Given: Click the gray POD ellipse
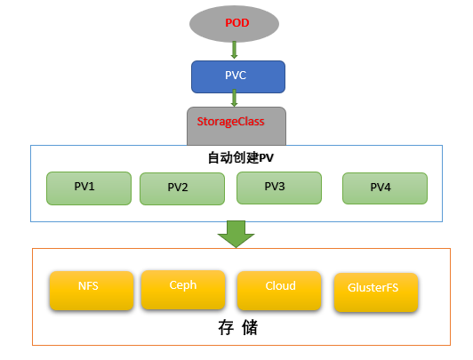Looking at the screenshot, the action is click(234, 24).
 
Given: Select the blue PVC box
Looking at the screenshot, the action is click(238, 76).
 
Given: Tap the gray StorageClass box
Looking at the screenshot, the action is click(236, 126).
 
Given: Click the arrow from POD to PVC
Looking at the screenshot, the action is click(234, 50).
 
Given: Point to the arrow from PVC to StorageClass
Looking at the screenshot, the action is click(234, 98).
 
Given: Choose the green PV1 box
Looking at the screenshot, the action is click(89, 188).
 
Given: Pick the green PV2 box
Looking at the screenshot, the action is click(182, 189).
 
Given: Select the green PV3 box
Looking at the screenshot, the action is click(279, 188).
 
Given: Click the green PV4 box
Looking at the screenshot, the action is click(385, 188).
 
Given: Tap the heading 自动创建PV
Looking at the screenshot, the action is click(241, 157).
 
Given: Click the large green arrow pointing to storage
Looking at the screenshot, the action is click(236, 235).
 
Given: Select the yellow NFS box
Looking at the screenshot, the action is click(92, 291).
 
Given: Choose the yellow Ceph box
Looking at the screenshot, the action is click(183, 290).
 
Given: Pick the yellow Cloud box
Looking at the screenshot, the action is click(279, 291).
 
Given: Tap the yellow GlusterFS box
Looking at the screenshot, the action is click(376, 292).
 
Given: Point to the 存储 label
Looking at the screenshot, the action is click(238, 328).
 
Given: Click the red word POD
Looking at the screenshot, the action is click(237, 23).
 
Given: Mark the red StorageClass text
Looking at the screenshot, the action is click(231, 122).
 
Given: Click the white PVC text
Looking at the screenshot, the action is click(236, 76).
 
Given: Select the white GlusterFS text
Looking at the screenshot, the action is click(373, 288).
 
